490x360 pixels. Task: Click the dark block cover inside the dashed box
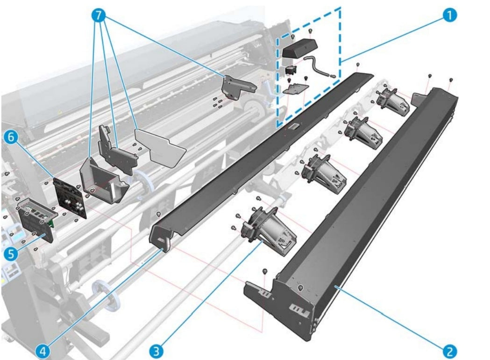[299, 47]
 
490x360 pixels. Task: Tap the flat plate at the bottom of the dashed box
[296, 87]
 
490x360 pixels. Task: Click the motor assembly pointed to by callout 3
[270, 231]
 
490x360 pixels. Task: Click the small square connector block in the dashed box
[292, 70]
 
